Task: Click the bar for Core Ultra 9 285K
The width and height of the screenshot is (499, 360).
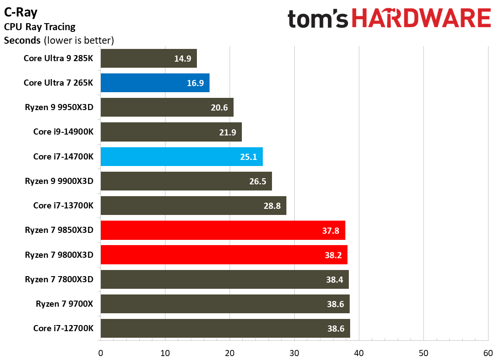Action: click(x=148, y=59)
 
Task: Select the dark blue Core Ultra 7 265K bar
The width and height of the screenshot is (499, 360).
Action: click(x=155, y=83)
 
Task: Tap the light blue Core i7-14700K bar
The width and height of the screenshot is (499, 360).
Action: click(x=181, y=156)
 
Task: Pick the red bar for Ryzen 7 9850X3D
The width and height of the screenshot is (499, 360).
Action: click(x=223, y=230)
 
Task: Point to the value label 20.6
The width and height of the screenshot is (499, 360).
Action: click(x=219, y=107)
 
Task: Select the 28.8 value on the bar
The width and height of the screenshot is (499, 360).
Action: click(x=272, y=206)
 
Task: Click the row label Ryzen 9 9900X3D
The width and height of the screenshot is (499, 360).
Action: click(x=59, y=181)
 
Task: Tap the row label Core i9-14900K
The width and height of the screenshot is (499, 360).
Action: click(x=63, y=132)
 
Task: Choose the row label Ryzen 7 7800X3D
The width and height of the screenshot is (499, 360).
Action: click(x=59, y=279)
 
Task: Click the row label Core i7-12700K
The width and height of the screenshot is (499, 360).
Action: click(x=63, y=328)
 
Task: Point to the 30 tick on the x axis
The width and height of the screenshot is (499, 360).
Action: click(x=294, y=353)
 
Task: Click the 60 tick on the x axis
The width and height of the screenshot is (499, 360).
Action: click(x=488, y=353)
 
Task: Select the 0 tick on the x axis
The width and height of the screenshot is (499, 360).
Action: click(x=101, y=353)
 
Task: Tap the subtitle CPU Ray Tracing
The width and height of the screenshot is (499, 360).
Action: click(x=40, y=27)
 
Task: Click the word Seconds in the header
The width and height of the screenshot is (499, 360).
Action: click(x=22, y=41)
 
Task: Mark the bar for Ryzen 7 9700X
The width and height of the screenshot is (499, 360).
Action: click(x=225, y=304)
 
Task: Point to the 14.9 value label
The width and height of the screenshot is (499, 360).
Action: click(x=182, y=59)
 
